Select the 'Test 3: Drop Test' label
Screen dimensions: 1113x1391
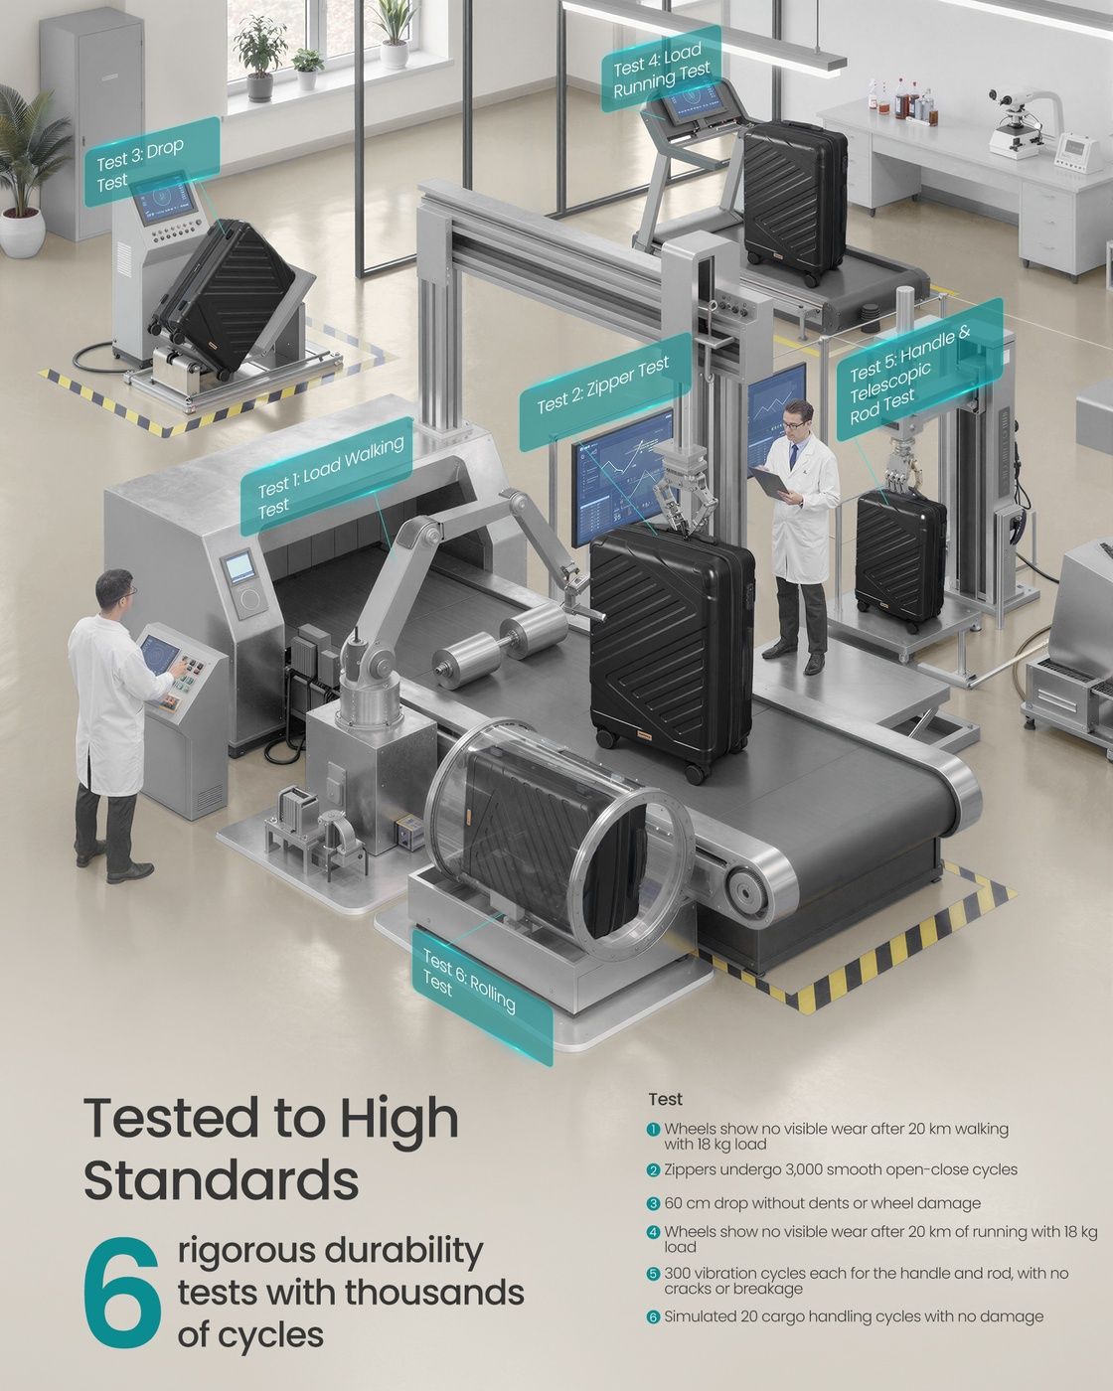pyautogui.click(x=151, y=162)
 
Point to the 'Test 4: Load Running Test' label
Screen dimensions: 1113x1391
pyautogui.click(x=661, y=70)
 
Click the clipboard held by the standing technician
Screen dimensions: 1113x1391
pyautogui.click(x=770, y=481)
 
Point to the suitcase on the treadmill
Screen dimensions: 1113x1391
pyautogui.click(x=793, y=202)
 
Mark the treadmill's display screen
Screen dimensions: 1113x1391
pyautogui.click(x=696, y=102)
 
